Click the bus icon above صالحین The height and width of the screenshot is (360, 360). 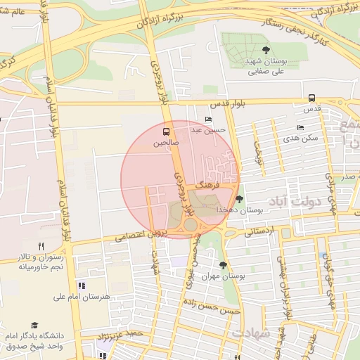[167, 131]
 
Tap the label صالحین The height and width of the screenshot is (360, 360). [167, 143]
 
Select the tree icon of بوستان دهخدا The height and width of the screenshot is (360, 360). [240, 199]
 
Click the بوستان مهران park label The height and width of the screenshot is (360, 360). [224, 276]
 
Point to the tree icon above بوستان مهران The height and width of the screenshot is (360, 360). [224, 265]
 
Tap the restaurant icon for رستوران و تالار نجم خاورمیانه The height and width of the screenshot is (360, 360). [41, 246]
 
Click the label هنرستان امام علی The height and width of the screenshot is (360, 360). [83, 297]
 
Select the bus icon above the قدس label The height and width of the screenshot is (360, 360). [311, 98]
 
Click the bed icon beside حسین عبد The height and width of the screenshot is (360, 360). [207, 120]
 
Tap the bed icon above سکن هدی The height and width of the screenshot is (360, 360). [301, 128]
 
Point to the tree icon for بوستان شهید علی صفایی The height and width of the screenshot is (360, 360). [265, 49]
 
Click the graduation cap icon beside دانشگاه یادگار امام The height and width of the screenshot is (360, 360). [34, 324]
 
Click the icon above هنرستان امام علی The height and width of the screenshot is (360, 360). [82, 285]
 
